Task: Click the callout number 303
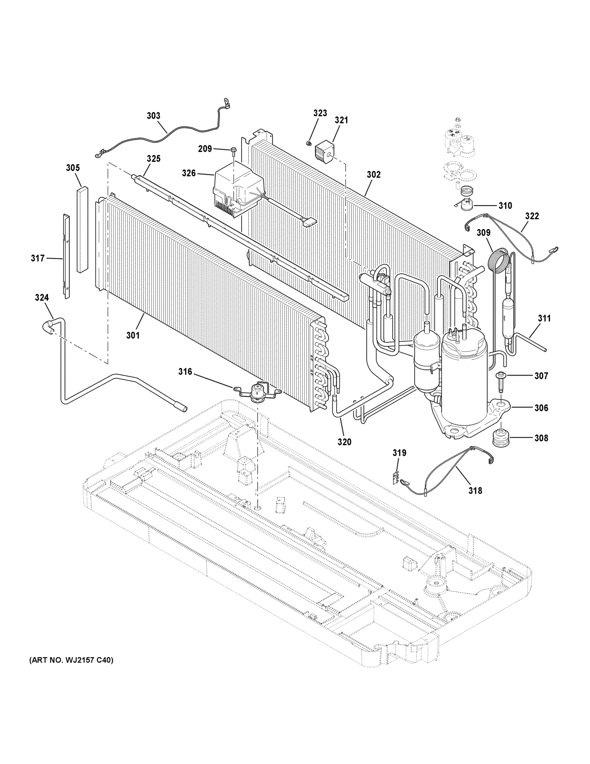tap(153, 116)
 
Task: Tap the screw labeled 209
tap(233, 151)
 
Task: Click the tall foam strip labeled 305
tap(82, 230)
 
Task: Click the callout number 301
tap(133, 336)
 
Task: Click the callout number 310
tap(505, 205)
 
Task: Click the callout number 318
tap(475, 491)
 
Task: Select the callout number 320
tap(344, 442)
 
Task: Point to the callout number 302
tap(374, 174)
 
